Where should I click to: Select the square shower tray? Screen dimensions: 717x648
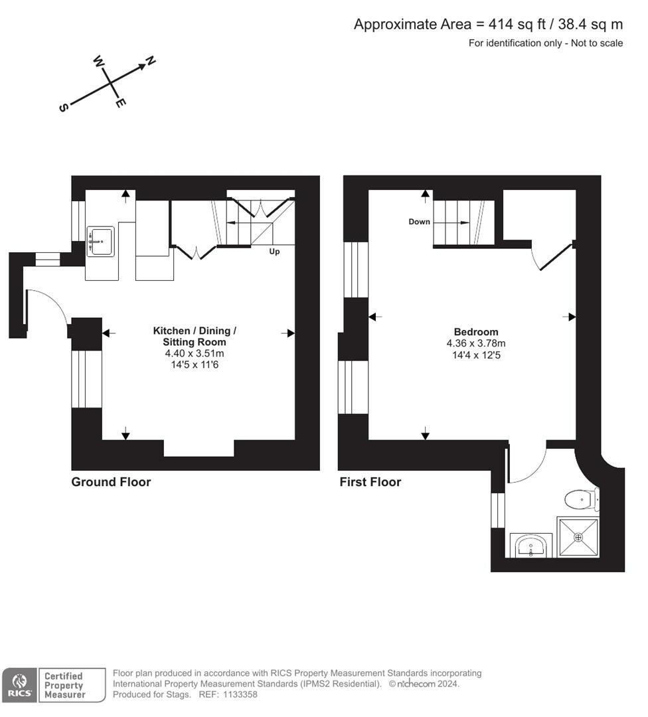[x=578, y=536]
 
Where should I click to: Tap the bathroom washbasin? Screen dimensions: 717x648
[x=532, y=546]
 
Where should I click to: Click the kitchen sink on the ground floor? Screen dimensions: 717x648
[x=100, y=241]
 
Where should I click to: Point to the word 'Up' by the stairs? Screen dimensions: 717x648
[x=274, y=252]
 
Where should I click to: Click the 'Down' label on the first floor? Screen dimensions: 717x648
[x=419, y=222]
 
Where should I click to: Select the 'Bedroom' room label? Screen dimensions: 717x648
[x=475, y=332]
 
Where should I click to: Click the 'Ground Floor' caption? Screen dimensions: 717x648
[x=111, y=482]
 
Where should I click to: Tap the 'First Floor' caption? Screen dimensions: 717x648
[x=370, y=482]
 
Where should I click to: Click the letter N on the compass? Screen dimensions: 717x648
[x=151, y=61]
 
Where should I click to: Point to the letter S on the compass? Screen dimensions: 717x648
[x=64, y=108]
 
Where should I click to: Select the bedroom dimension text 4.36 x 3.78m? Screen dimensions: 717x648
[x=475, y=343]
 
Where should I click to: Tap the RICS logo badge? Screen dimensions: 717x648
[x=20, y=684]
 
